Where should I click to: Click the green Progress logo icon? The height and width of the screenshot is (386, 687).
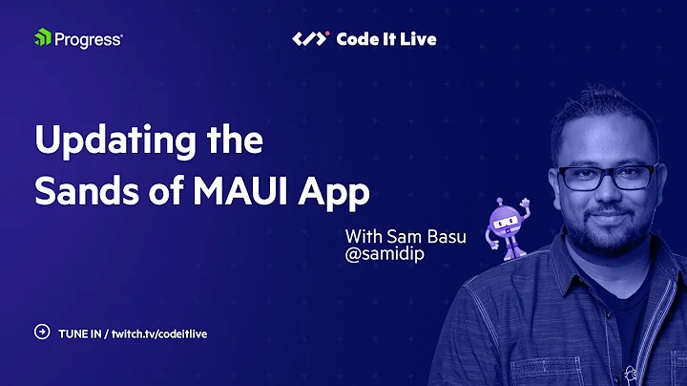click(41, 38)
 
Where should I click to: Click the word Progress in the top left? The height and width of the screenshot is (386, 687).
click(88, 39)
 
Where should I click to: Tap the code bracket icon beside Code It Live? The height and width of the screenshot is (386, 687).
click(310, 39)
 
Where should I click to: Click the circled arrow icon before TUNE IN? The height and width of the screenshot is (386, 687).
click(41, 332)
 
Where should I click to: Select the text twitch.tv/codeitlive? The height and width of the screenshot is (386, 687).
click(159, 333)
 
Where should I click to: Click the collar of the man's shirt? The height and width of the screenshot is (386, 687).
click(572, 287)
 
